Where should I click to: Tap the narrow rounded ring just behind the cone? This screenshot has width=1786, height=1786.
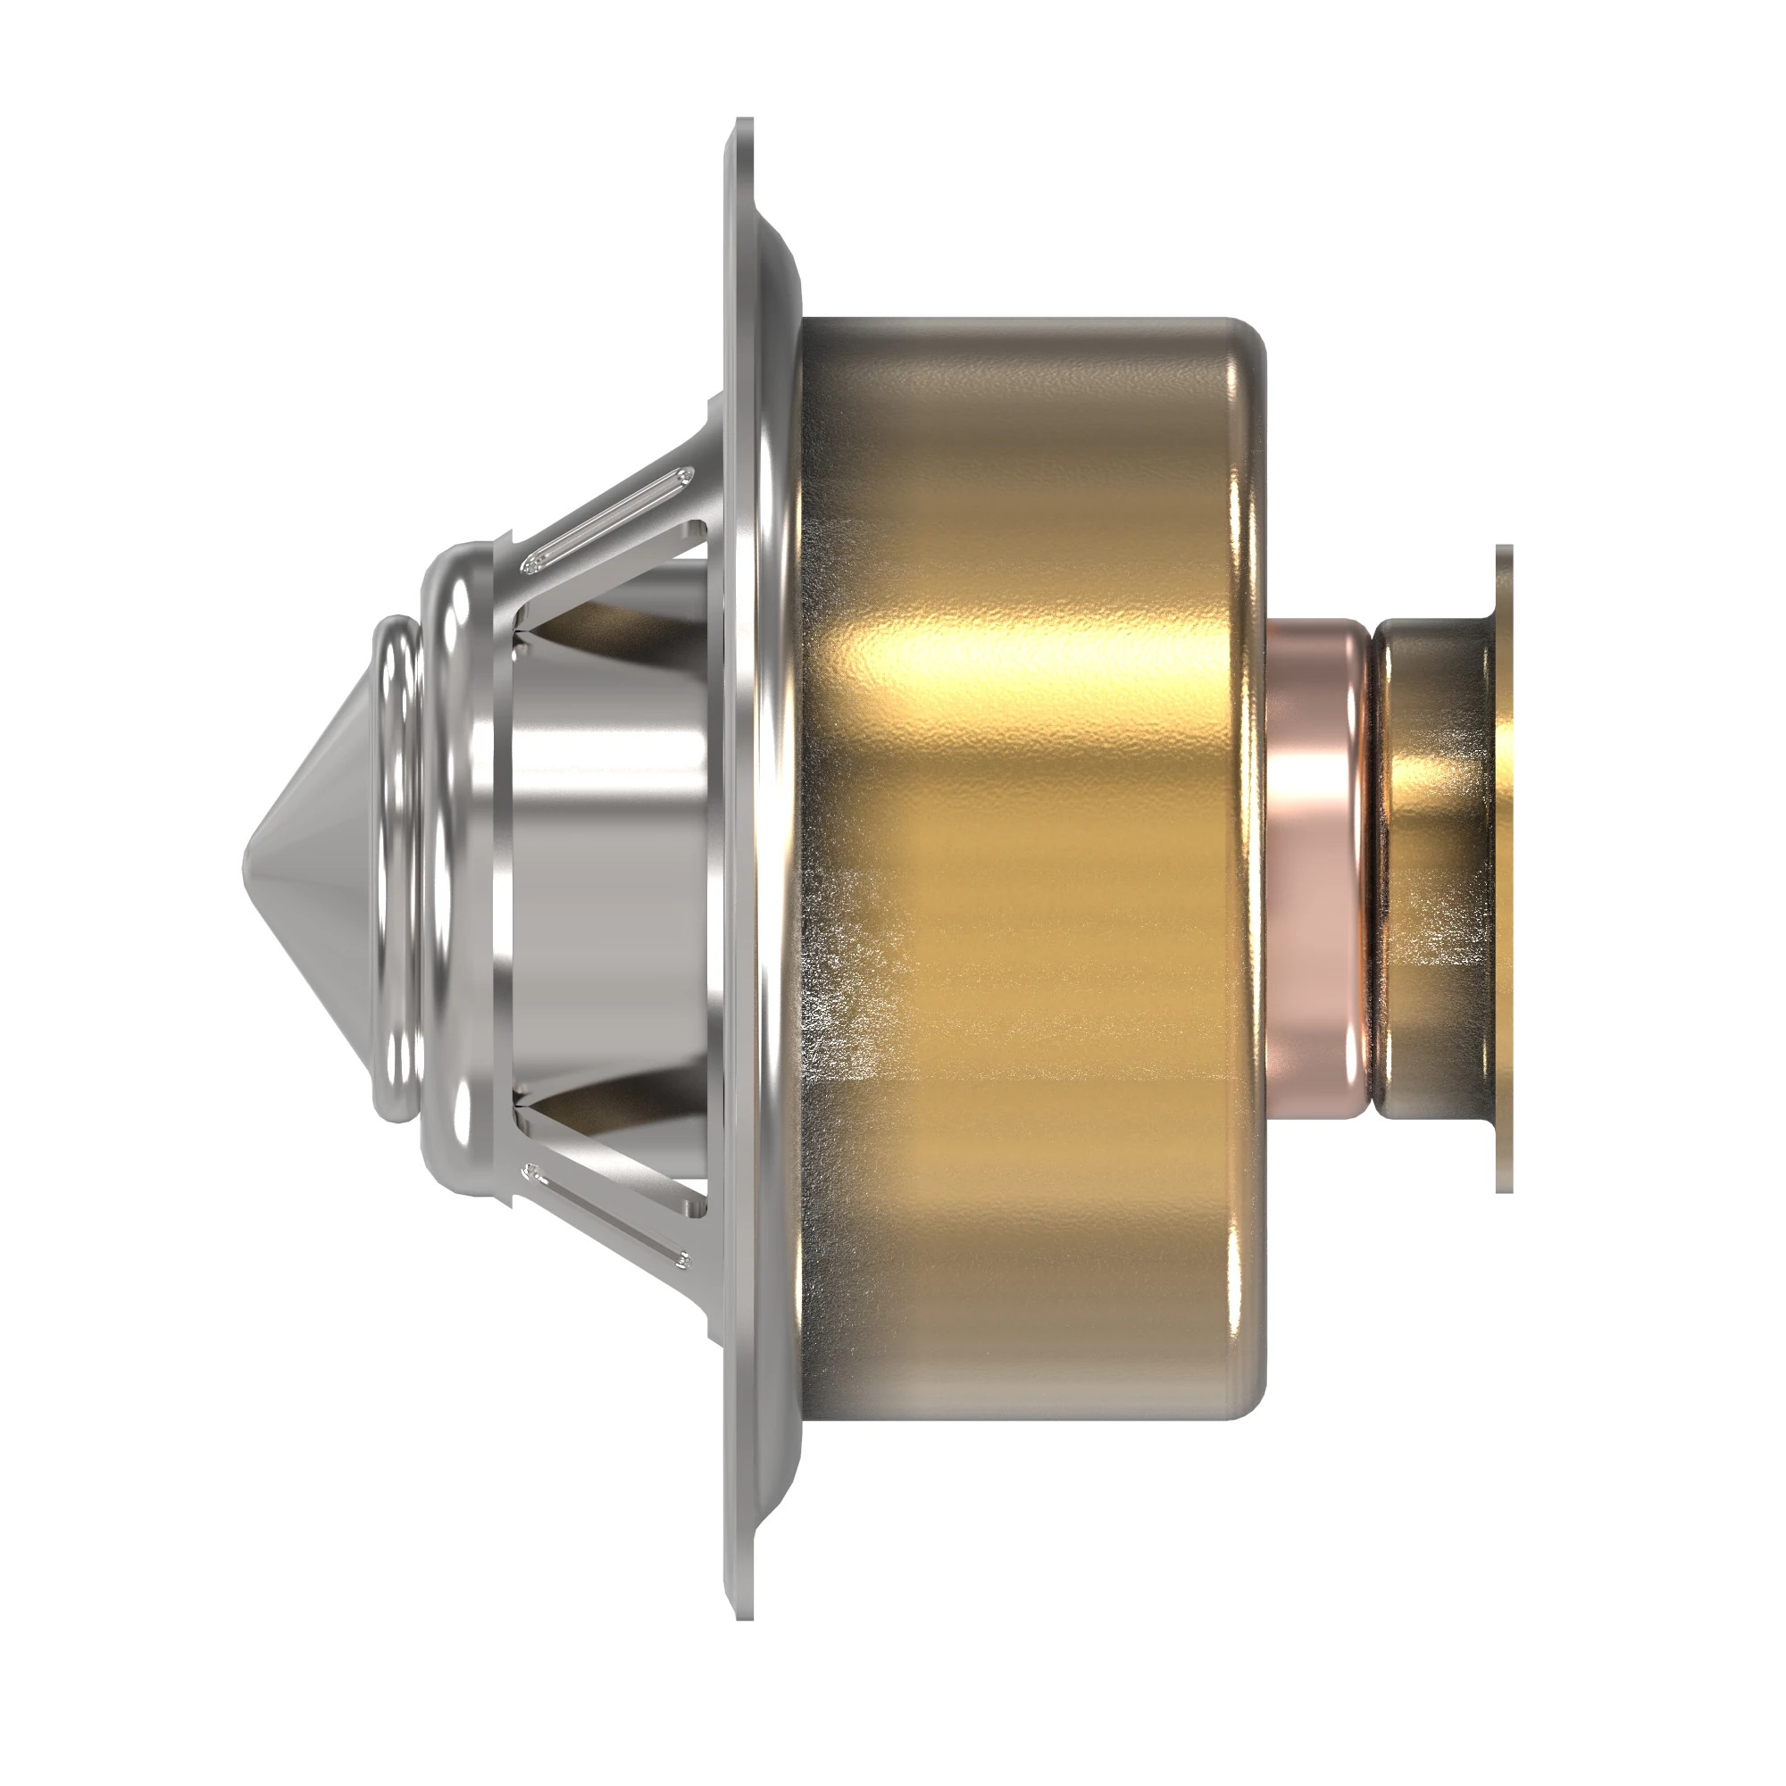[x=397, y=869]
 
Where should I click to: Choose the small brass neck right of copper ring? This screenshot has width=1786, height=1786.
[x=1433, y=869]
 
